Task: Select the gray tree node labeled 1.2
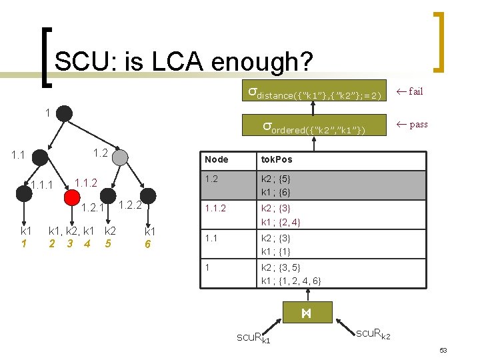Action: coord(120,157)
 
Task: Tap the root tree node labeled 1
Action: coord(64,113)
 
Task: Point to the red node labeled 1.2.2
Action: coord(147,195)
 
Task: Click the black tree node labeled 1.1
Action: coord(40,158)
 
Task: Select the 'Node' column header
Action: coord(217,159)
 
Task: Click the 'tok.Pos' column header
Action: coord(276,159)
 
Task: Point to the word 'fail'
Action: coord(415,91)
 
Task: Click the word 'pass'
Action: coord(418,124)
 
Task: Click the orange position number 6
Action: coord(149,243)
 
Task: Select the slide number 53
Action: coord(443,351)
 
